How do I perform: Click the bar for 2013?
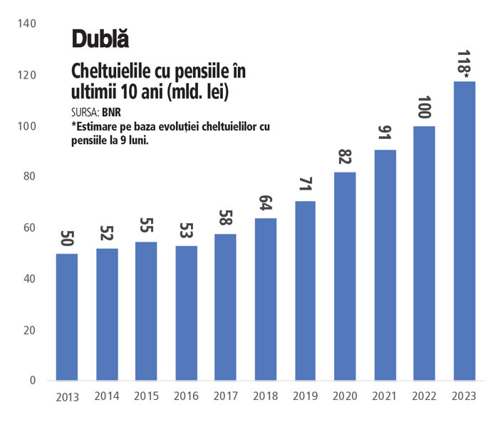point(66,317)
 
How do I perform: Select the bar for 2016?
point(186,313)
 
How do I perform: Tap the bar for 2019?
point(305,291)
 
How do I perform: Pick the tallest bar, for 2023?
point(464,231)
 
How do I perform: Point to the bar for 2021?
point(384,265)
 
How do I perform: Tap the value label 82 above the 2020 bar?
point(345,157)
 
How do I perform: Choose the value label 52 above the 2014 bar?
point(106,233)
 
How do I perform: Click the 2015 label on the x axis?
point(146,396)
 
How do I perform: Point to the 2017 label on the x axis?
point(226,396)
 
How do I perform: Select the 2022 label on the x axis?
point(425,396)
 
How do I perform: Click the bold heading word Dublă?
point(100,39)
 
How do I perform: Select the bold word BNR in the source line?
point(111,112)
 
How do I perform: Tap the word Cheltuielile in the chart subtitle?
point(107,72)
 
